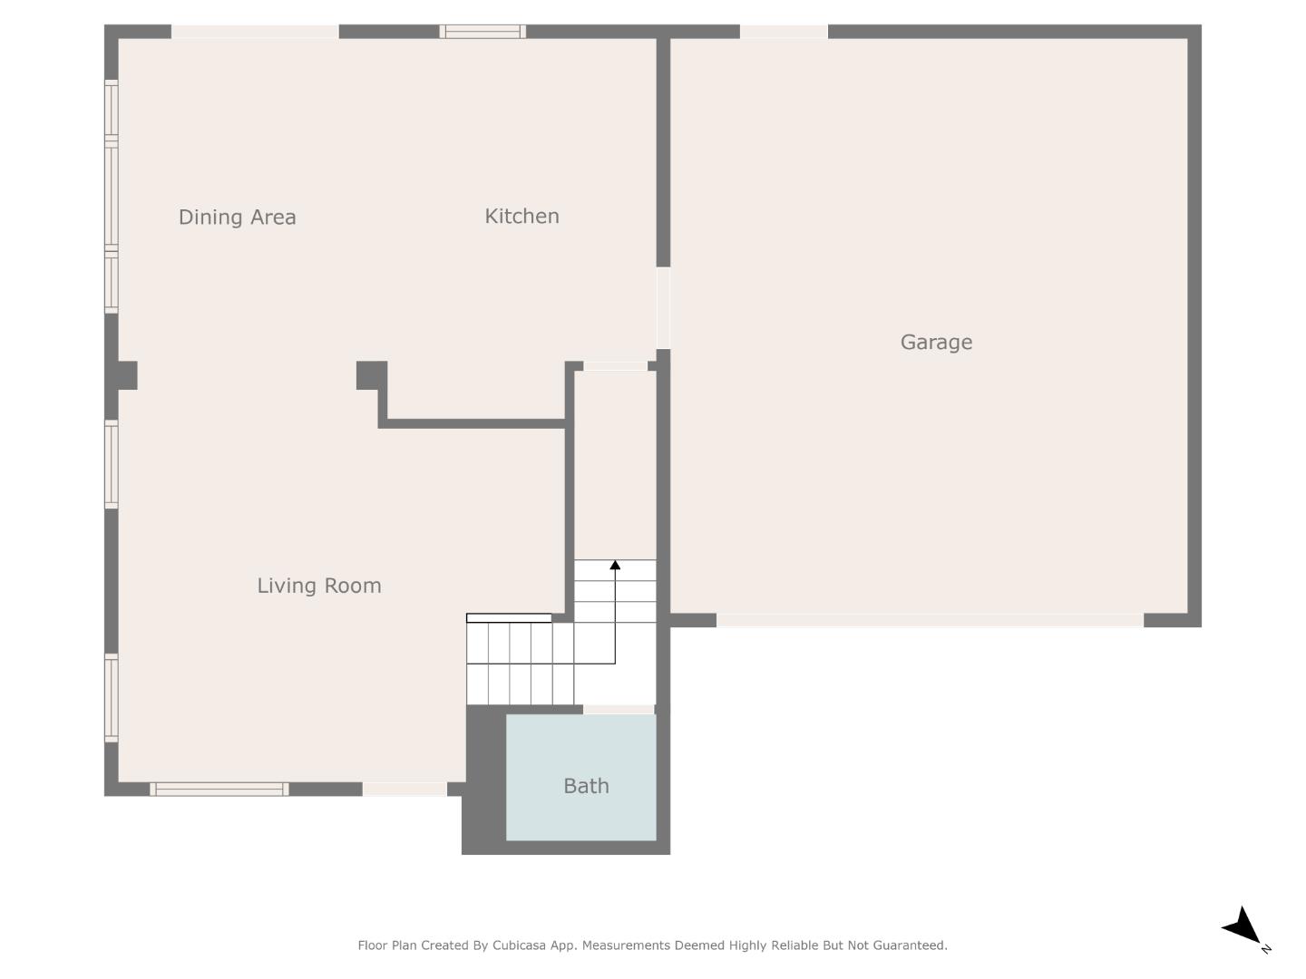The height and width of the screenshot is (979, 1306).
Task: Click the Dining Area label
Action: [237, 218]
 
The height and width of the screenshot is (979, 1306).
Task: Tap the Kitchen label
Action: [521, 217]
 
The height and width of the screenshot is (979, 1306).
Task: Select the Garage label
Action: [936, 343]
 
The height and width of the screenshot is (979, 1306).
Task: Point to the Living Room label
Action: [319, 586]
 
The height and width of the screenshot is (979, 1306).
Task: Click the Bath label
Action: [586, 786]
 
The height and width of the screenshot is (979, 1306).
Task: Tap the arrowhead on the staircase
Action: [615, 566]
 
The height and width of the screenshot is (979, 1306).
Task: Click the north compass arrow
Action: [1243, 926]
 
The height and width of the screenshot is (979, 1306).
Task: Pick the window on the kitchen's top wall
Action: [482, 32]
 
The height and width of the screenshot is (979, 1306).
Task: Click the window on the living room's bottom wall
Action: [219, 790]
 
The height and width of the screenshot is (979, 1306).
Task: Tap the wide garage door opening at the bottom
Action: [930, 621]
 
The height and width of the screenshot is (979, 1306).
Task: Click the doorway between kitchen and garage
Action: [663, 307]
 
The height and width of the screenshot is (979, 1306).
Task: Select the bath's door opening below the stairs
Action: [619, 709]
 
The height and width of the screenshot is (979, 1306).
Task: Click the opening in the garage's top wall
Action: [784, 32]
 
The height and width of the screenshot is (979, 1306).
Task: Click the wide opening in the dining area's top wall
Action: [255, 32]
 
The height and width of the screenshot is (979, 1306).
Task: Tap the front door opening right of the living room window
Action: [404, 790]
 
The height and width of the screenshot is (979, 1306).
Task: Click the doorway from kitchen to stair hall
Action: [615, 366]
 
